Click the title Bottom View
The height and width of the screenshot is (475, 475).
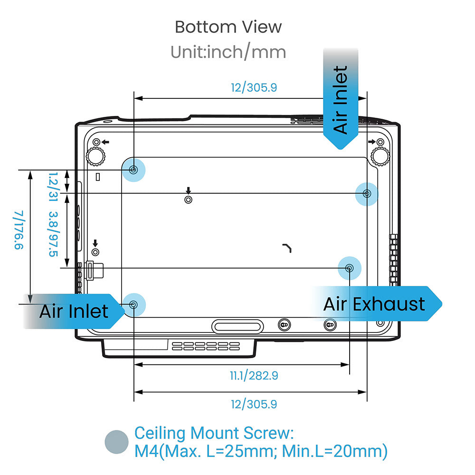(228, 27)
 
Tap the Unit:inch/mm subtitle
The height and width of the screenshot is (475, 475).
(228, 52)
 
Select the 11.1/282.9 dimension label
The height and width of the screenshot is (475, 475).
(254, 376)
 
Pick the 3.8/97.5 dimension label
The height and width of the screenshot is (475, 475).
(53, 234)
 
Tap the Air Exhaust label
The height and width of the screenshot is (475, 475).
(374, 304)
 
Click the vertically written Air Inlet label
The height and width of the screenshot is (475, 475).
(341, 100)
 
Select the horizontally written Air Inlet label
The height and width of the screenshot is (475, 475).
(74, 312)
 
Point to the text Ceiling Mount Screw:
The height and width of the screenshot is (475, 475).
(214, 433)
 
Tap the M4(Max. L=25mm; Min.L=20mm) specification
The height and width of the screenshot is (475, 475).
(261, 451)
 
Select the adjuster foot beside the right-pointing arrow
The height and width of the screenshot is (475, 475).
(380, 155)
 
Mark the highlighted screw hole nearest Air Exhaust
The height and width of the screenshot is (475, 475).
(349, 268)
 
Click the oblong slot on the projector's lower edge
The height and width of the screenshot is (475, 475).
(237, 326)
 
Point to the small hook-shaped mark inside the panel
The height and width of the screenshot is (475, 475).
(287, 247)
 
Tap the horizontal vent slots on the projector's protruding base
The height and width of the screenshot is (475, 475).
(206, 346)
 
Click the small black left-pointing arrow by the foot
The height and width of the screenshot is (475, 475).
(105, 142)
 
